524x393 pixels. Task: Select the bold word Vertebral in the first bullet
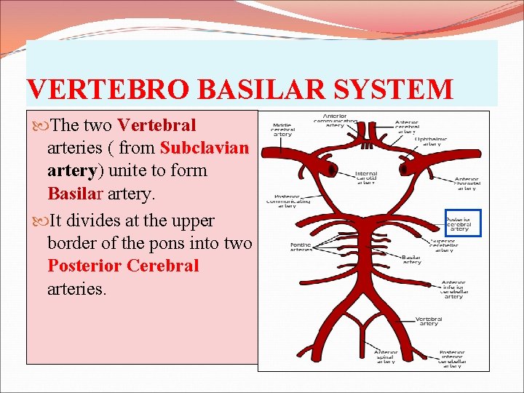[x=156, y=125]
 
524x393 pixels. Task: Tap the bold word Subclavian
[x=205, y=148]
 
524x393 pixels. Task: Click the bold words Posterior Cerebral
[x=123, y=266]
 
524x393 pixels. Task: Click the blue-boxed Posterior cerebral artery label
[x=463, y=223]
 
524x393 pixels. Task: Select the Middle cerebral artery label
[x=282, y=128]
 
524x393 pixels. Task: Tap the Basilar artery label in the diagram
[x=411, y=259]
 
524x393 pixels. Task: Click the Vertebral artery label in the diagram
[x=429, y=320]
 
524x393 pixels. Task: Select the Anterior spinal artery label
[x=386, y=357]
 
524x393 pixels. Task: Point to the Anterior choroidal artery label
[x=467, y=183]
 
